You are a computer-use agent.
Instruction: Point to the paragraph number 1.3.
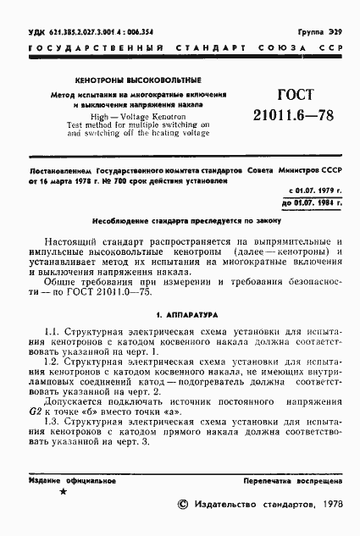point(50,421)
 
